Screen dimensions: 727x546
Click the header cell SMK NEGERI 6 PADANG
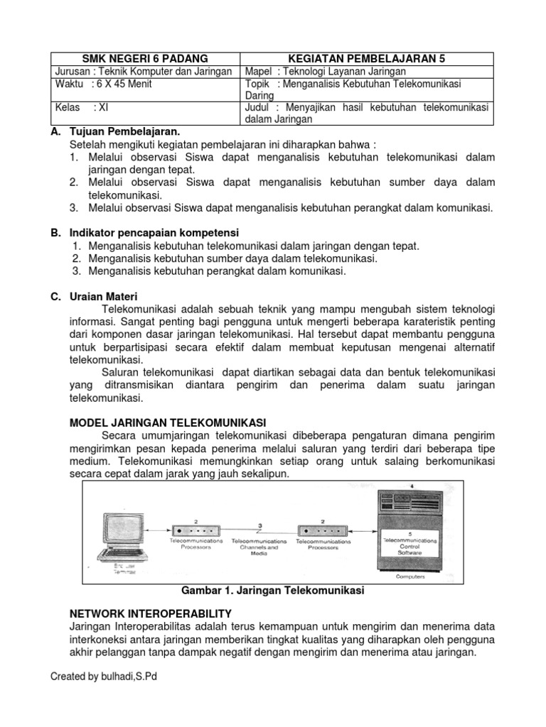[146, 58]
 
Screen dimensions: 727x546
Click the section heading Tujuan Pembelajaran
[125, 131]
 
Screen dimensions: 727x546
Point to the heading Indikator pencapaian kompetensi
[154, 233]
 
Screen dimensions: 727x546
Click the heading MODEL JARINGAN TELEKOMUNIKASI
[168, 422]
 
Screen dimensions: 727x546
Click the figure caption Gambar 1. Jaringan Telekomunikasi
[273, 591]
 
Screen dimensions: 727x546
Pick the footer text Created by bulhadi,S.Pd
[103, 677]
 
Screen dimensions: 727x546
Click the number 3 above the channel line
[260, 525]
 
